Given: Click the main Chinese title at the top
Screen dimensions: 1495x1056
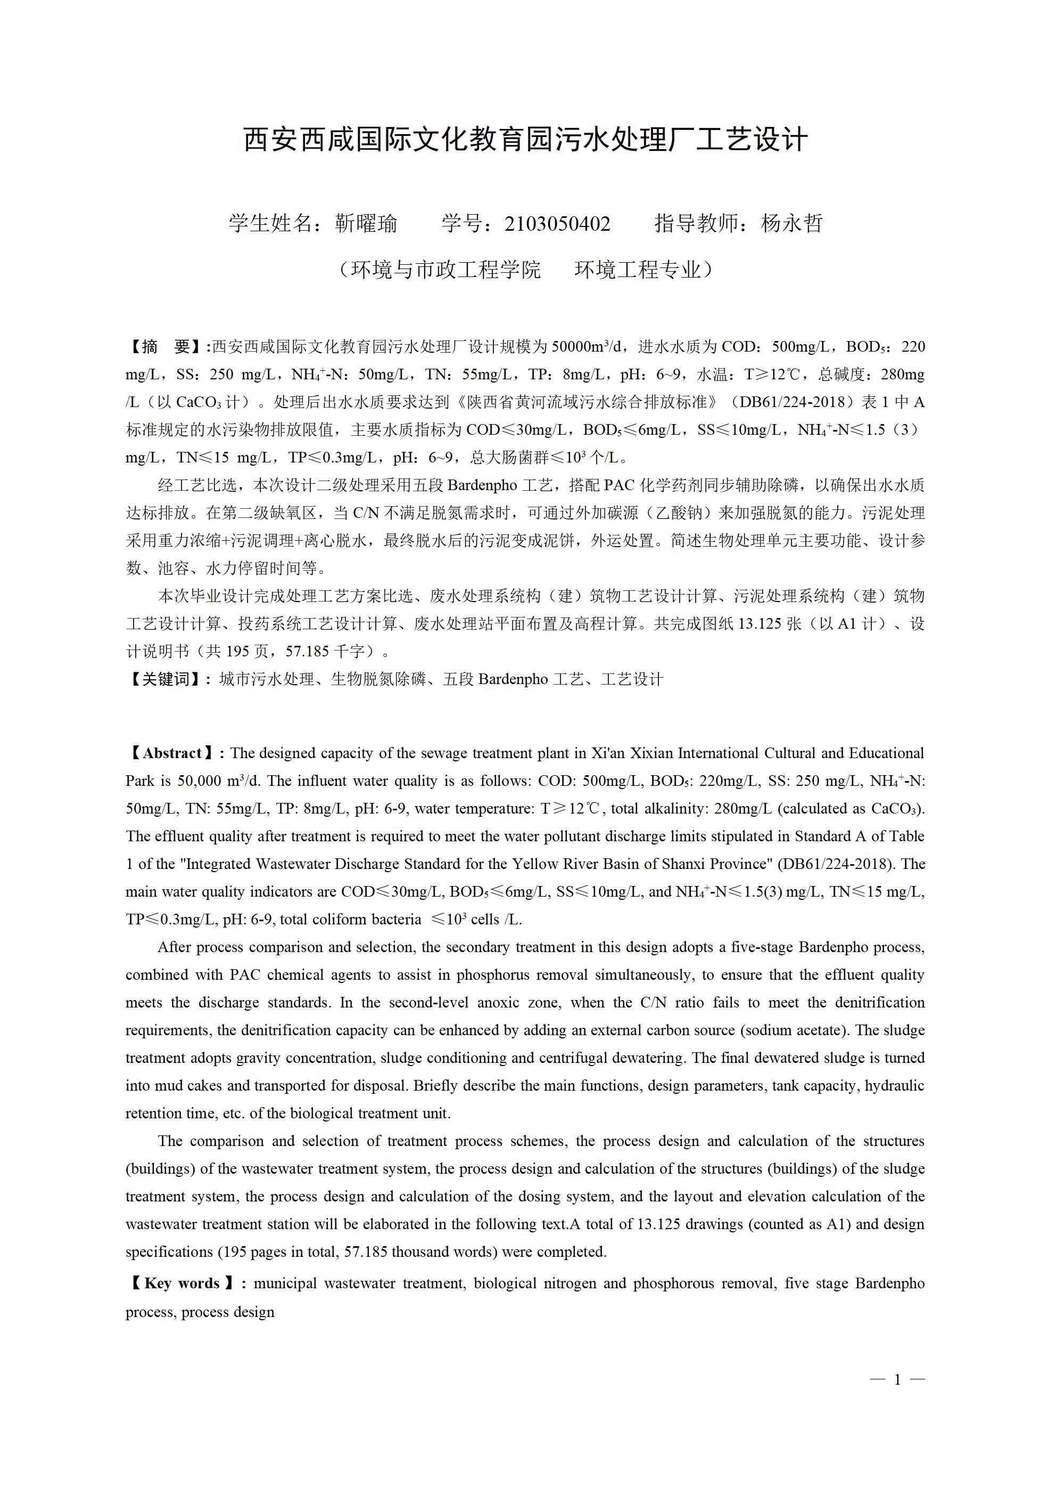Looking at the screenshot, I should [x=526, y=140].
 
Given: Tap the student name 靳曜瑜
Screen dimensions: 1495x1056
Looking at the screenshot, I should [x=366, y=224].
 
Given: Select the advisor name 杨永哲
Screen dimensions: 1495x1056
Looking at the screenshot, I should [x=792, y=224].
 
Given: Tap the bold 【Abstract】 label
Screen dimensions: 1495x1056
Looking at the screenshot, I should [x=172, y=753].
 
